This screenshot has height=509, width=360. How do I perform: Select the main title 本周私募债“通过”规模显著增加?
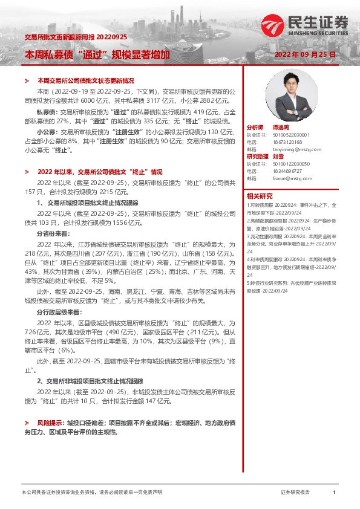96,54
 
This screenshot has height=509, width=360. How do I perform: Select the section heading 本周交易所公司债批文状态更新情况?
85,80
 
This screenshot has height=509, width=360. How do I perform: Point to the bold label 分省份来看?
54,233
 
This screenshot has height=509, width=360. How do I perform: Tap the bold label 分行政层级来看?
58,314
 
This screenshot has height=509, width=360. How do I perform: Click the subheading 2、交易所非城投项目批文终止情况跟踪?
90,381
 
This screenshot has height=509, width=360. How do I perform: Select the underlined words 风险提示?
50,424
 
